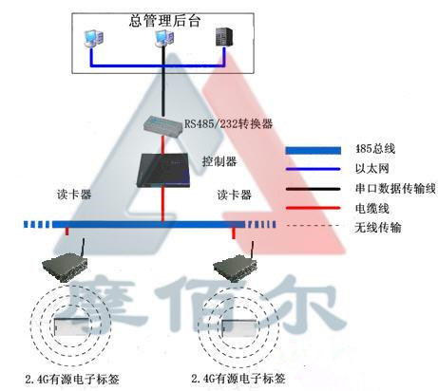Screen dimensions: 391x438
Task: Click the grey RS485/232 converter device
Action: pyautogui.click(x=162, y=123)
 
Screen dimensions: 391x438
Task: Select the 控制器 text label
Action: pyautogui.click(x=219, y=162)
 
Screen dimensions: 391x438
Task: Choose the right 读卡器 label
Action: pyautogui.click(x=234, y=195)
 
